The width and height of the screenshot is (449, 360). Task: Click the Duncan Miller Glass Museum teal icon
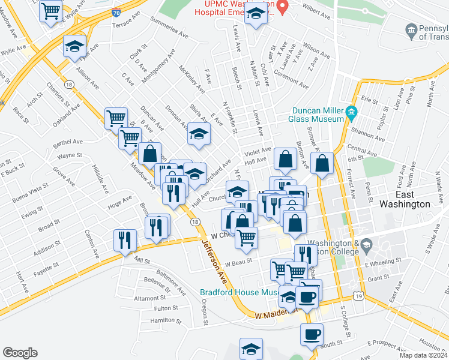tap(351, 112)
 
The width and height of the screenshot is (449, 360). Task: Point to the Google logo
tap(20, 352)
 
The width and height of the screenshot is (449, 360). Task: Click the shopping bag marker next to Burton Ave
tap(286, 159)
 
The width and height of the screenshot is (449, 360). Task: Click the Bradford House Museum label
tap(238, 292)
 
